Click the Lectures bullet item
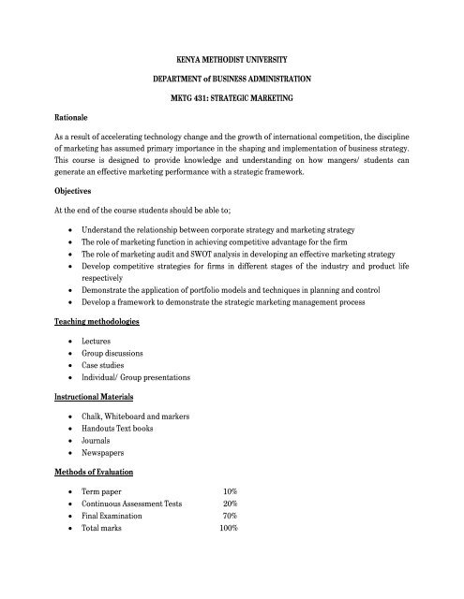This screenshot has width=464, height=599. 99,345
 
